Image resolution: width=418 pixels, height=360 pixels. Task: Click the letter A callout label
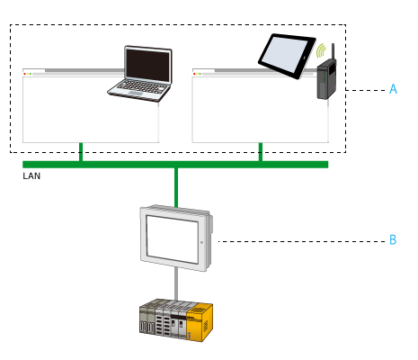[x=393, y=89]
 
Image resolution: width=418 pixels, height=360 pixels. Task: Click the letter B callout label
[x=393, y=240]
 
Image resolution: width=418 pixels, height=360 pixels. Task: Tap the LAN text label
[x=31, y=176]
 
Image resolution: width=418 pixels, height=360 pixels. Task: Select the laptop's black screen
[x=147, y=65]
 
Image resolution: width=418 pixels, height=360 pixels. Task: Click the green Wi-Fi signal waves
[x=320, y=49]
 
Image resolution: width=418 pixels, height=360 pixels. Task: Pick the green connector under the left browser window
[x=81, y=152]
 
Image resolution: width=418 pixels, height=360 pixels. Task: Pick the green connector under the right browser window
[x=261, y=152]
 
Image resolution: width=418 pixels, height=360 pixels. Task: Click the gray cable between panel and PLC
[x=176, y=285]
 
